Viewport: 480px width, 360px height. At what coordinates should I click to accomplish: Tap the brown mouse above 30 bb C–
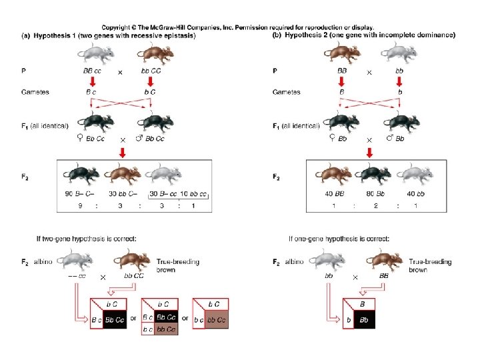(x=123, y=174)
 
